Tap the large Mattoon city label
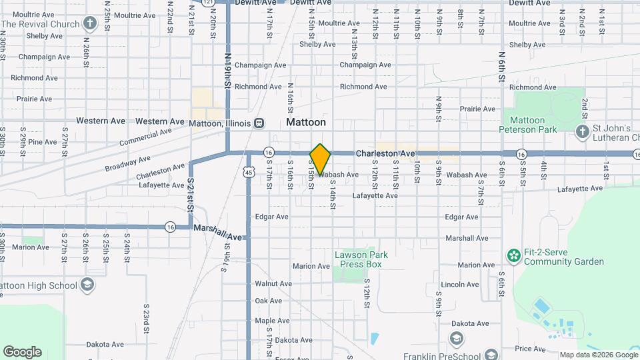click(306, 123)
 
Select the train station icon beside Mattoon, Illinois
click(259, 123)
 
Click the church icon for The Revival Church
click(91, 24)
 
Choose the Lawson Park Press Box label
click(360, 259)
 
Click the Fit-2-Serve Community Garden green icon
click(513, 255)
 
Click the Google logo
click(22, 352)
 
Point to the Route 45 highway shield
click(248, 172)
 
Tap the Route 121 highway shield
click(209, 3)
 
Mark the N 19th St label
click(227, 71)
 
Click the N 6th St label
click(501, 67)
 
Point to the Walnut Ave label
click(273, 283)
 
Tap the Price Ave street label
click(531, 349)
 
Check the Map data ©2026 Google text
click(597, 355)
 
